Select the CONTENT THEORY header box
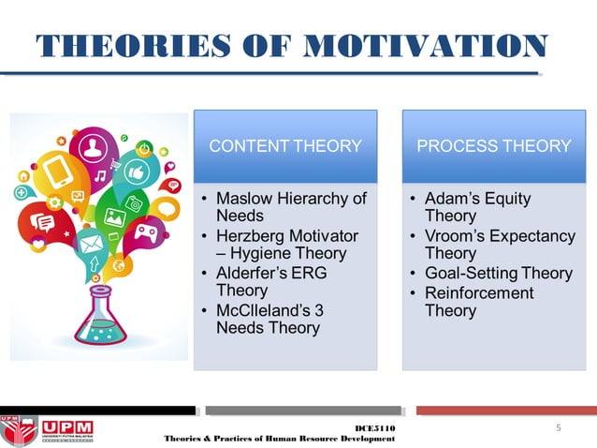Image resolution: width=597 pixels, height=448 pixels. pyautogui.click(x=284, y=146)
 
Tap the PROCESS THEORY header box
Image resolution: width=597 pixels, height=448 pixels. pyautogui.click(x=493, y=146)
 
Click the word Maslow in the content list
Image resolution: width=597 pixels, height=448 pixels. pyautogui.click(x=244, y=199)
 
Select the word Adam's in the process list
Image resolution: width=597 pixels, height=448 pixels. pyautogui.click(x=453, y=199)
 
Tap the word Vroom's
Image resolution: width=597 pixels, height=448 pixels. pyautogui.click(x=456, y=235)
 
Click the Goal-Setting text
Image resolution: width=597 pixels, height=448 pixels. pyautogui.click(x=472, y=273)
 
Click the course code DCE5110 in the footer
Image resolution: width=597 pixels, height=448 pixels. pyautogui.click(x=375, y=428)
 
